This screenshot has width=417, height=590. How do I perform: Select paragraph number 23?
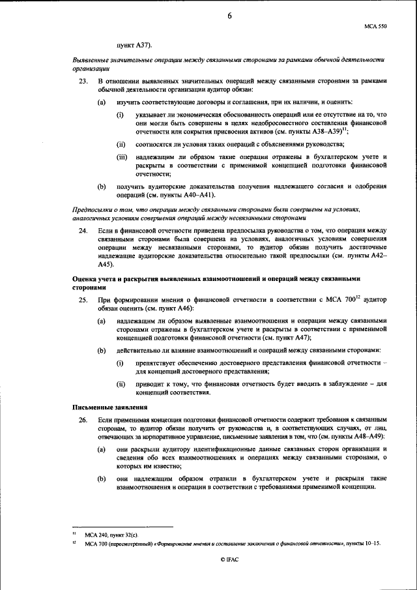81,81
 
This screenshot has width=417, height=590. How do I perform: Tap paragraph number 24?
81,231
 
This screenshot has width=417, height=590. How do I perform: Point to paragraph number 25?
81,299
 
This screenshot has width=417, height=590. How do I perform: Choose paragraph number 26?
81,422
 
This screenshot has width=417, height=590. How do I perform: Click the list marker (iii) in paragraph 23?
122,158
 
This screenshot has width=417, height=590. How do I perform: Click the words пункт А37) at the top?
134,46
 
